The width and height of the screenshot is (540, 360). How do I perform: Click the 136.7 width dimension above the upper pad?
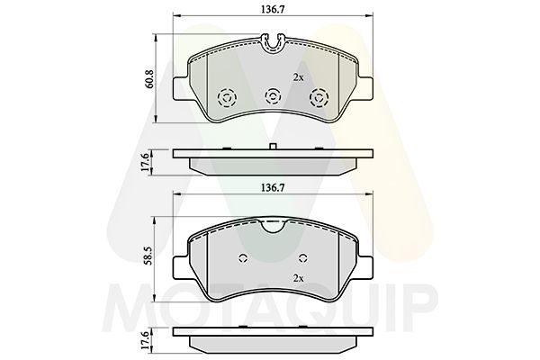270,8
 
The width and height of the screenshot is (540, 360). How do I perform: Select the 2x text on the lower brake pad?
297,279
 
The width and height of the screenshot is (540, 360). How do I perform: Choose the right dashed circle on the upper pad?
318,98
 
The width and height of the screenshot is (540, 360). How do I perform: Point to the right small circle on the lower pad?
300,259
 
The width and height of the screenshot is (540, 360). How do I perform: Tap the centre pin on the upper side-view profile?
271,147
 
